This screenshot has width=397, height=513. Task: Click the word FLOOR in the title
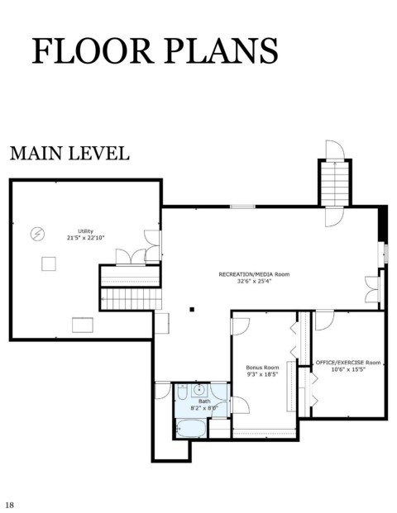93,50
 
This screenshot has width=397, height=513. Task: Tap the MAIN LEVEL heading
69,153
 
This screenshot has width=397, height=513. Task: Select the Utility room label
85,231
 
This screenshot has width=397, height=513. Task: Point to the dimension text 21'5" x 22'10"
85,238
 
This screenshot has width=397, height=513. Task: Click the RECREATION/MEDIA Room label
254,274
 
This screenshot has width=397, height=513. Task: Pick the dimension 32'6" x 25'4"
255,281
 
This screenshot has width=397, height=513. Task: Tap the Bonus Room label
262,368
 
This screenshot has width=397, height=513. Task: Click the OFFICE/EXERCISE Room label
348,363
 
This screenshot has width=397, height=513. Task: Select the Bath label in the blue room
204,401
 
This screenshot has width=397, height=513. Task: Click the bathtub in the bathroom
191,428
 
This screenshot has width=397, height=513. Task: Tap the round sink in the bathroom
198,390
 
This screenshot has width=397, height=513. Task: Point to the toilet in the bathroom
182,392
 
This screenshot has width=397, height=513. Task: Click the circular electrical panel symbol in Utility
37,234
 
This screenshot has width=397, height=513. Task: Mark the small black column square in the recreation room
192,309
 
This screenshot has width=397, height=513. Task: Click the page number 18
10,505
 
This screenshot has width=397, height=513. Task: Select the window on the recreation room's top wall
242,207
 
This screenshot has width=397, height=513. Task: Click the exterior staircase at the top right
335,183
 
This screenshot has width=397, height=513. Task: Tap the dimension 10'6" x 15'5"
348,369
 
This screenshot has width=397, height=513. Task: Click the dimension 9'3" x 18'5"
262,374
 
